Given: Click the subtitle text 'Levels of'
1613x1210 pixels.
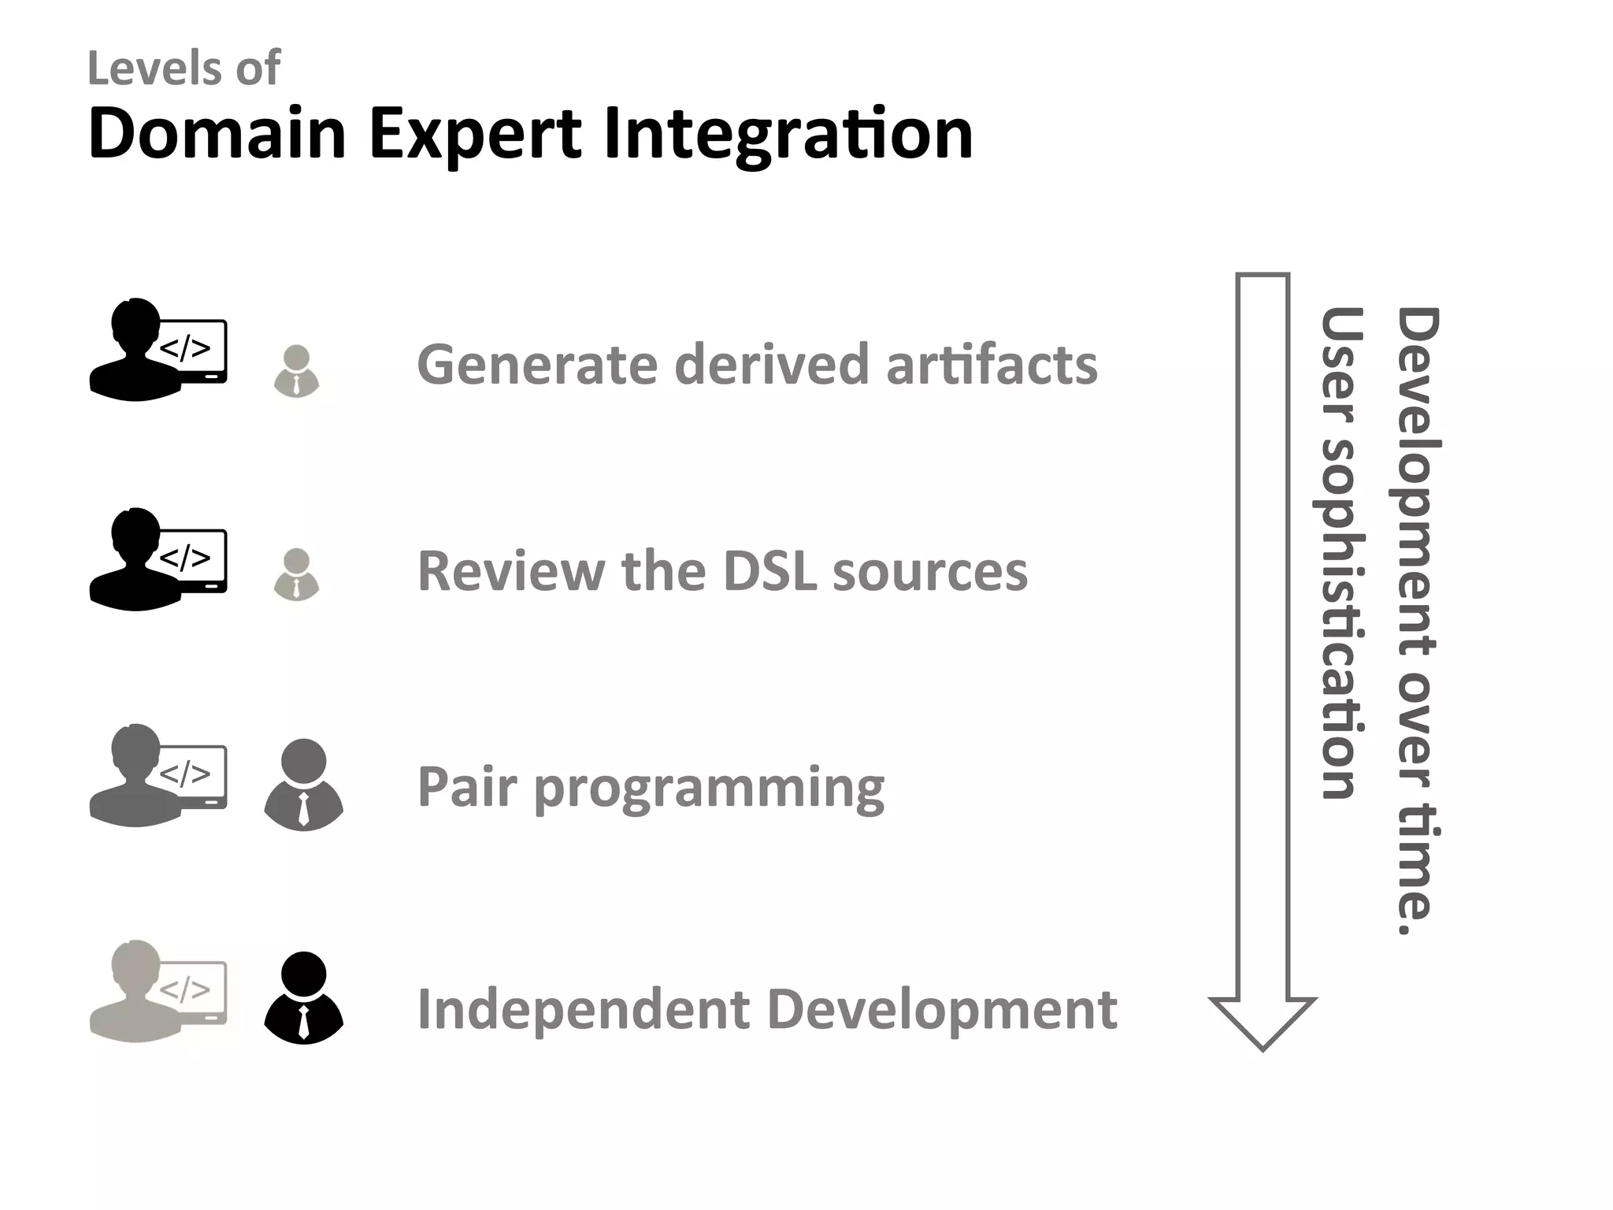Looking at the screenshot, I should tap(184, 69).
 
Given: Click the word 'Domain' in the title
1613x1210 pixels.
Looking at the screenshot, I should tap(217, 134).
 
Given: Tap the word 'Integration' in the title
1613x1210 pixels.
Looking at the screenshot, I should tap(788, 134).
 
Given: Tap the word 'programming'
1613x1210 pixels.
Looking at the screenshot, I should tap(709, 789).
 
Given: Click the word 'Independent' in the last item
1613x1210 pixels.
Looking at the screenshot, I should tap(583, 1009).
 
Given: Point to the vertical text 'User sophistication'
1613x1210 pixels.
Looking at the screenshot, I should tap(1339, 551).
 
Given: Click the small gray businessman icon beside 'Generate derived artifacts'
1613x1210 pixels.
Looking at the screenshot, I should tap(296, 370).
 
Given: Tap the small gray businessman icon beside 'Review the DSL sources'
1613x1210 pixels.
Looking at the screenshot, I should tap(296, 573).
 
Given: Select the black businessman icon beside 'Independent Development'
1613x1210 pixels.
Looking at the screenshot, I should tap(303, 998).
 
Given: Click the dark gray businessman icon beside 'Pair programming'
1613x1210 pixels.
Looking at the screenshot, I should tap(303, 785).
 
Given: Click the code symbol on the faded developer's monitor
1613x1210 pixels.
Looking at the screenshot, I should tap(185, 989).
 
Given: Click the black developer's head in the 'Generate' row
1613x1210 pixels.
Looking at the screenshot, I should tap(135, 323).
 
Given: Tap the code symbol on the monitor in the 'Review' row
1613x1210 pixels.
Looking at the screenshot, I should tap(185, 558).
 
